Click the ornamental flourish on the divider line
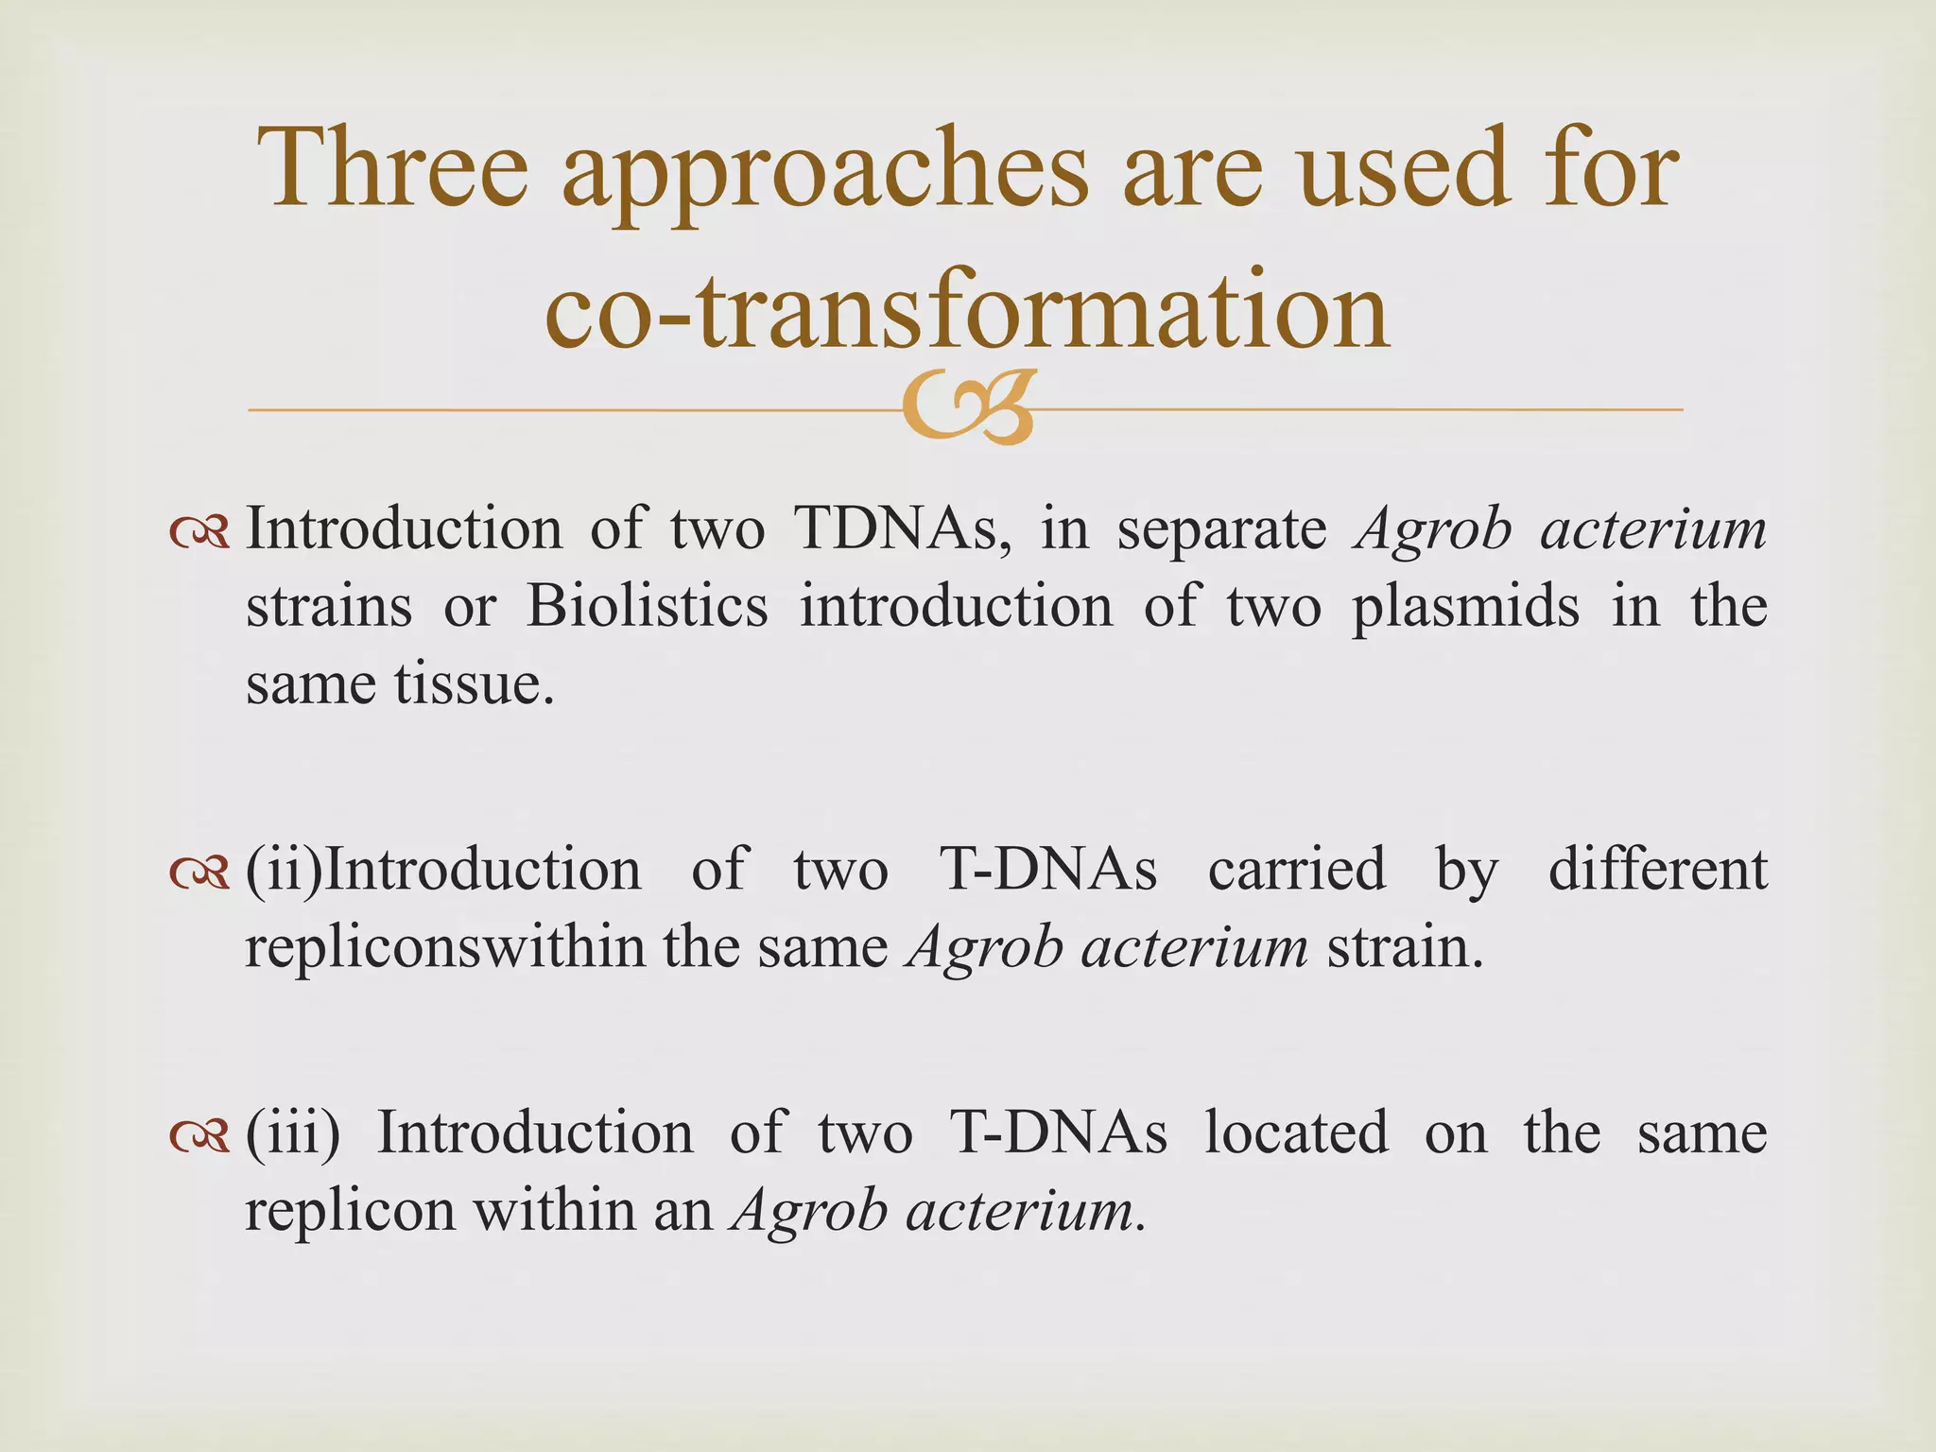[967, 409]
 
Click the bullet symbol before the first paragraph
[199, 533]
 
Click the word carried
[1296, 870]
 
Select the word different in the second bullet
[1657, 870]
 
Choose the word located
[1296, 1132]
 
